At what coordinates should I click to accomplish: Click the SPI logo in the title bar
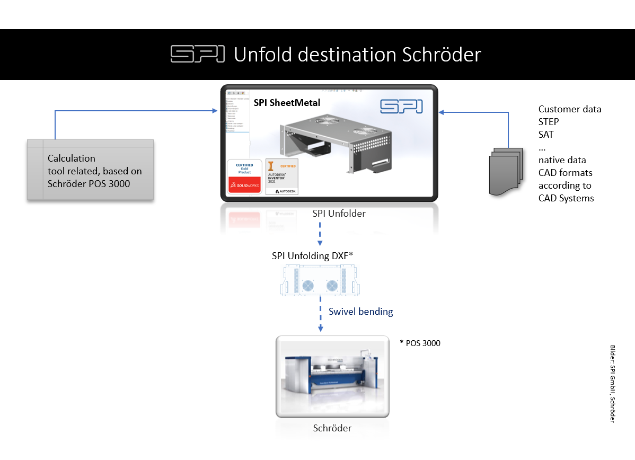coord(197,54)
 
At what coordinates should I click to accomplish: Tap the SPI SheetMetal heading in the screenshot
coord(287,103)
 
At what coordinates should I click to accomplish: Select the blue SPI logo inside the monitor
coord(401,106)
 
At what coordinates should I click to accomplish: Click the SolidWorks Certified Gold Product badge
coord(244,176)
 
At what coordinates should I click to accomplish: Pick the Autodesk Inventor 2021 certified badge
coord(282,176)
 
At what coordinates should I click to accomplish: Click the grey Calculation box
coord(90,170)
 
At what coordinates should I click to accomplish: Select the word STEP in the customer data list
coord(549,122)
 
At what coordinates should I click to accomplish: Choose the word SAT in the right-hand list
coord(546,135)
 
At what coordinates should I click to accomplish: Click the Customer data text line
coord(570,109)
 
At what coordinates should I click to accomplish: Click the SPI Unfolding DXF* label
coord(312,255)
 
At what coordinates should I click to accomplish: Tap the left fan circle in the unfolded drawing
coord(308,286)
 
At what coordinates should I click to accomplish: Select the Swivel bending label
coord(360,312)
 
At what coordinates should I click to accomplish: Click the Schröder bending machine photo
coord(332,376)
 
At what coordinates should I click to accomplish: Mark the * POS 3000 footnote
coord(420,343)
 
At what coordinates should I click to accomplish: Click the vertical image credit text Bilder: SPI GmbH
coord(612,384)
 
